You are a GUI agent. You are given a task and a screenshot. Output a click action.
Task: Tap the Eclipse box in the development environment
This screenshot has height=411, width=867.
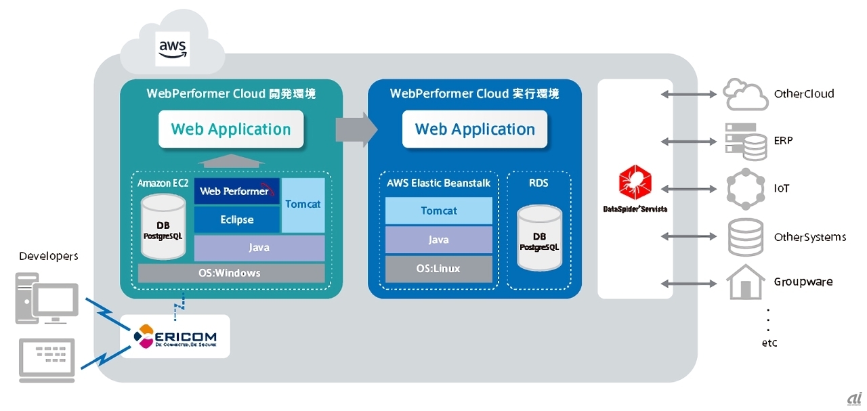(x=236, y=219)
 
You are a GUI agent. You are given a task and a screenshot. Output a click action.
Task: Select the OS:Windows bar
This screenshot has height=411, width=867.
(x=231, y=274)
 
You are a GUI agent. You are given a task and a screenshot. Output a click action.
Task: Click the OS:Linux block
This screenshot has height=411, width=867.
(x=438, y=269)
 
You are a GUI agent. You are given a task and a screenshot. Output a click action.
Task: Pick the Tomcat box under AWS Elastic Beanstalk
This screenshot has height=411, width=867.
(x=438, y=211)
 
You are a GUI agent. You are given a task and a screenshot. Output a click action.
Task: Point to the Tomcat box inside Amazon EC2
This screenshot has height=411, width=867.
(x=303, y=204)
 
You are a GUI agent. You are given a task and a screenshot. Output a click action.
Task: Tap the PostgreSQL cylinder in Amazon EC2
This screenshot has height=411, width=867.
(x=163, y=228)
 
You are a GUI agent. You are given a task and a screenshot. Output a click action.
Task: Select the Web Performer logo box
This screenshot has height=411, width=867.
(x=236, y=191)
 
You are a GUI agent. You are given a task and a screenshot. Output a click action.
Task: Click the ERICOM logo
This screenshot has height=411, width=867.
(x=175, y=336)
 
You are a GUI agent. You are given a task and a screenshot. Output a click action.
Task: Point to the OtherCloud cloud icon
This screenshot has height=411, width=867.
(x=745, y=94)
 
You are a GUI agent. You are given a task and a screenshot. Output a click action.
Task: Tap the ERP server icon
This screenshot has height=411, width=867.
(x=745, y=142)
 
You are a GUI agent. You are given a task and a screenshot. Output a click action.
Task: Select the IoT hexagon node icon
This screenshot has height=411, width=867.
(x=745, y=189)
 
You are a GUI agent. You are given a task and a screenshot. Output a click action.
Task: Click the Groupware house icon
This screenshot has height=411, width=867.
(x=745, y=282)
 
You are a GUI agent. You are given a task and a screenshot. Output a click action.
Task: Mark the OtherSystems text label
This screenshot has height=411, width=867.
(x=810, y=237)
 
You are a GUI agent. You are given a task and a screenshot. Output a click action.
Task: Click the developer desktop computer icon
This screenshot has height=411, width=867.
(x=47, y=299)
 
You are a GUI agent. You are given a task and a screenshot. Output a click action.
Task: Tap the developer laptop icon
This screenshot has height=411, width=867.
(x=47, y=357)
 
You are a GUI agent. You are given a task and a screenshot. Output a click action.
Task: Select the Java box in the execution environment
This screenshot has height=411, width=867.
(x=438, y=240)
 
